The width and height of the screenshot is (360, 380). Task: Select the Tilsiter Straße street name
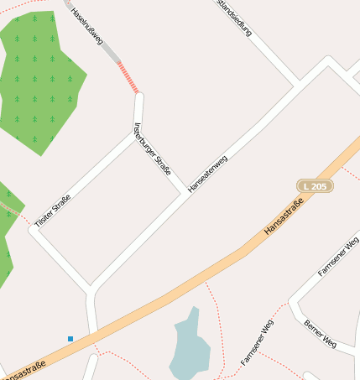coord(52,211)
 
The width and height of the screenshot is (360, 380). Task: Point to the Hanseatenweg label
coord(207,174)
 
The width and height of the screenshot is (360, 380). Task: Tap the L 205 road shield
coord(315,185)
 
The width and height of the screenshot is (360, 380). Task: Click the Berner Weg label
coord(321,333)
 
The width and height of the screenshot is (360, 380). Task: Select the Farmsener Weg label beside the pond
coord(257,341)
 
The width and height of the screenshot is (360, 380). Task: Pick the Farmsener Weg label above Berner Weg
coord(338,256)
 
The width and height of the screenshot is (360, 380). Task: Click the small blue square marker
coord(70,339)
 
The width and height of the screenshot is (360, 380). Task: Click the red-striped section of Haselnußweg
coord(128,77)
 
